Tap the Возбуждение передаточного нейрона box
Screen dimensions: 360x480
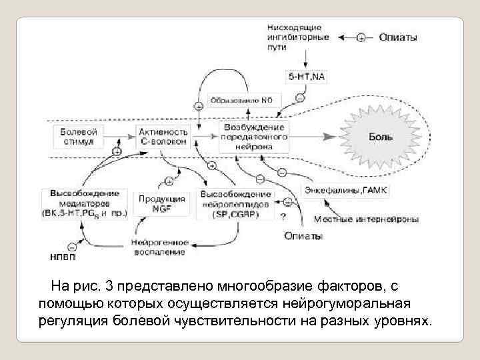point(254,136)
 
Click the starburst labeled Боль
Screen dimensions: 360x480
point(382,137)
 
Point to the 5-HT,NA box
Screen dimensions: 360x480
point(307,77)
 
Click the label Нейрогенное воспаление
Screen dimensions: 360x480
point(160,247)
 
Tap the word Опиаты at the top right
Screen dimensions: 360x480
point(399,37)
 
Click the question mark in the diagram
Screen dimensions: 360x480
point(284,216)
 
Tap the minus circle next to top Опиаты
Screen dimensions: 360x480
point(361,38)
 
